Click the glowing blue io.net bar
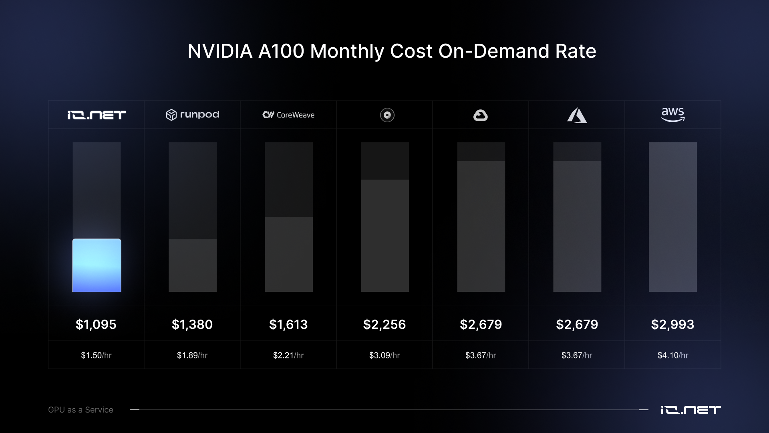[x=97, y=265]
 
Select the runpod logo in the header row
[x=193, y=115]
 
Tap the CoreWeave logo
[x=288, y=115]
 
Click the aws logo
[x=673, y=115]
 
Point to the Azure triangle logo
[x=577, y=115]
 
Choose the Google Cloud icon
[x=481, y=115]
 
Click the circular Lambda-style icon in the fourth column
[x=387, y=115]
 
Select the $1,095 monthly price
[x=96, y=324]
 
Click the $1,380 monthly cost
[x=192, y=324]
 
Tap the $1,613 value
[x=288, y=324]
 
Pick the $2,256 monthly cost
[x=384, y=324]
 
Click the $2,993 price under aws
[x=673, y=324]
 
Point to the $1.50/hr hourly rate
[x=96, y=355]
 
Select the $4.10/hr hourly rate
[x=673, y=355]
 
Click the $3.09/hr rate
[x=384, y=355]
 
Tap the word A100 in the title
[x=281, y=51]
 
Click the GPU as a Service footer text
[x=81, y=410]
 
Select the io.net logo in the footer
[x=690, y=410]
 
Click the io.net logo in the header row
[x=97, y=115]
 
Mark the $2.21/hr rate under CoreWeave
[x=288, y=355]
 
